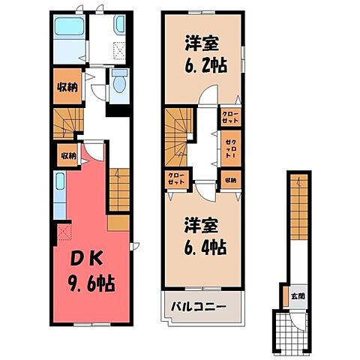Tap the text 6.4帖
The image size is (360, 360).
point(203,245)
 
